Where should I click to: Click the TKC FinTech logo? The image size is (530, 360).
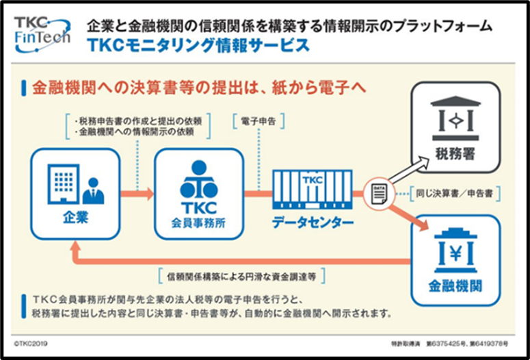(42, 34)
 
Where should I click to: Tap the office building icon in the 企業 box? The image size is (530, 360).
(63, 184)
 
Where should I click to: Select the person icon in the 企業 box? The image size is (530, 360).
(93, 191)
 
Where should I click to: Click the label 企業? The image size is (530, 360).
(75, 218)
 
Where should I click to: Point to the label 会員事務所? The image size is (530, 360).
(198, 223)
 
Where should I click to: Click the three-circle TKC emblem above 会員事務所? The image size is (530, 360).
(199, 180)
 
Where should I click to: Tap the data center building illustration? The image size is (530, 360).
(313, 190)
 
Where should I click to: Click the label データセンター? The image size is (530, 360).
(313, 222)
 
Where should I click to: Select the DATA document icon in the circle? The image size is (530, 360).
(379, 194)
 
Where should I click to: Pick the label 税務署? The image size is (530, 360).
(455, 154)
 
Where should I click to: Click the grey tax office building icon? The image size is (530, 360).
(455, 118)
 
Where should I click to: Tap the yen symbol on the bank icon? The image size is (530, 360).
(455, 254)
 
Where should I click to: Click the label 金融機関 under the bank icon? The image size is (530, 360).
(455, 286)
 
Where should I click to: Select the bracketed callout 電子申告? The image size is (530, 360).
(259, 121)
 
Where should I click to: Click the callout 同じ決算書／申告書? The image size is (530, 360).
(455, 194)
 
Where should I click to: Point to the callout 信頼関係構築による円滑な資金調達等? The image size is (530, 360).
(241, 277)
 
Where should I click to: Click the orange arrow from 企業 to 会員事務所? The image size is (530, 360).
(137, 194)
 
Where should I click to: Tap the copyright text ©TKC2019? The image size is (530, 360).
(31, 344)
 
